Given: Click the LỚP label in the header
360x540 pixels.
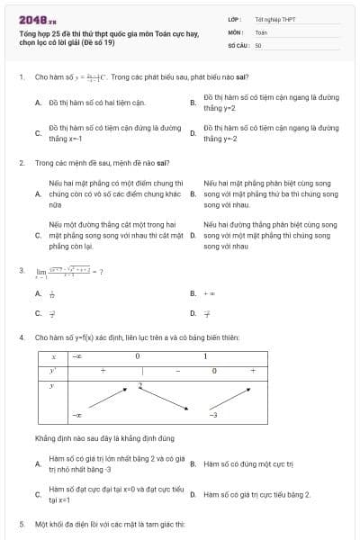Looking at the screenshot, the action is click(x=235, y=18).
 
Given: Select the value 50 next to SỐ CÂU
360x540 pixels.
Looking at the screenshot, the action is click(x=258, y=44).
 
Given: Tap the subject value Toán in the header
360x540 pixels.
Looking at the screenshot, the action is click(x=261, y=31).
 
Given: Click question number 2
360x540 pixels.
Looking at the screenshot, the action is click(x=21, y=164).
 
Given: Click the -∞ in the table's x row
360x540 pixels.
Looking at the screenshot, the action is click(x=79, y=357).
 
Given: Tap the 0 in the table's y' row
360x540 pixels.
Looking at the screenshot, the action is click(x=213, y=370).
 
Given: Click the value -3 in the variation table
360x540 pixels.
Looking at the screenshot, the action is click(x=213, y=415).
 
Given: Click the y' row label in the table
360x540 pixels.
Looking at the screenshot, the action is click(x=53, y=370).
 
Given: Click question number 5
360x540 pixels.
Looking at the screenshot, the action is click(x=21, y=523).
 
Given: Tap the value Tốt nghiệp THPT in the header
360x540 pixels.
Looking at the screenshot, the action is click(x=274, y=18).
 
